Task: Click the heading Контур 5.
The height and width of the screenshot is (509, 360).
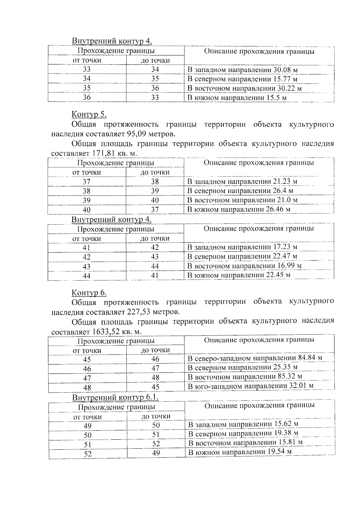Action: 89,114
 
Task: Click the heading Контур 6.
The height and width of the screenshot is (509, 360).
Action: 89,292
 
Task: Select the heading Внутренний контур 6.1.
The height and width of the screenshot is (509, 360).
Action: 115,397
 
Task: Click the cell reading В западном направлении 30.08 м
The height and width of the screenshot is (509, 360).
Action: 242,70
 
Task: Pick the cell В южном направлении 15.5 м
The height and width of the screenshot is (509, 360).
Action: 237,98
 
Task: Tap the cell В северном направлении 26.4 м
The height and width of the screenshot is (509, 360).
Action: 240,191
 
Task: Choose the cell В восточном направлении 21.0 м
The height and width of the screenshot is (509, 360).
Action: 242,200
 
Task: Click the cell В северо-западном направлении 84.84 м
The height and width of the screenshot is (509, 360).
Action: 255,358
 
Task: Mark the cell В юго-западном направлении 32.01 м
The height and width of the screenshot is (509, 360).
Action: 250,386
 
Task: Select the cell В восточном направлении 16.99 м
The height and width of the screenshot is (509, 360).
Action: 244,266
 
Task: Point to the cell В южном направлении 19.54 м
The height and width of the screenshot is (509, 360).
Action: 240,452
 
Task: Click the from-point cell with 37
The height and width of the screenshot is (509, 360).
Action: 87,182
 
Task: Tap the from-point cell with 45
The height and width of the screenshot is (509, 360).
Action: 87,360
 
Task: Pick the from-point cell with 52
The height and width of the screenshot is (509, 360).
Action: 88,454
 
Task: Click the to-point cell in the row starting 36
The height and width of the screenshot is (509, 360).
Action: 155,97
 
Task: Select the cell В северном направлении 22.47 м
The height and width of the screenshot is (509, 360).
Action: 242,256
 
